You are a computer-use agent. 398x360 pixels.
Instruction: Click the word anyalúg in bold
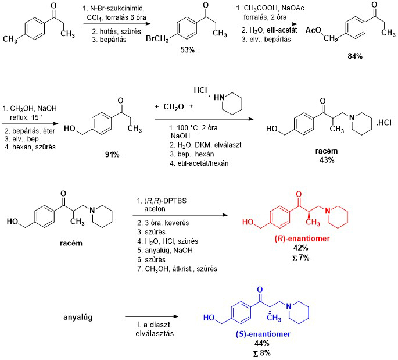pos(81,318)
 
